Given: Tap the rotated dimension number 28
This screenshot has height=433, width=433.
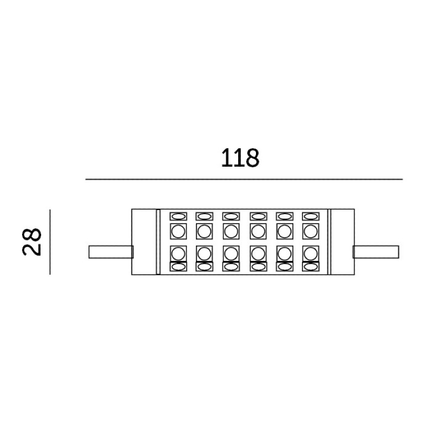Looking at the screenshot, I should click(x=32, y=242).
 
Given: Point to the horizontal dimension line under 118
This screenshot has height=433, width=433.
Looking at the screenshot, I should click(x=244, y=179).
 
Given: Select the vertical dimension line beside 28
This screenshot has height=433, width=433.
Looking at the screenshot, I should click(x=50, y=241).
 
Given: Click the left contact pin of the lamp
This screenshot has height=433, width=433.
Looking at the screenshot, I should click(x=110, y=252).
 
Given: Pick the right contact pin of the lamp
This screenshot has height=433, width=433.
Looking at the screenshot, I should click(x=376, y=252).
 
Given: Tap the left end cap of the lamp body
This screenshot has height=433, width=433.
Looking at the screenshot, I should click(x=144, y=242).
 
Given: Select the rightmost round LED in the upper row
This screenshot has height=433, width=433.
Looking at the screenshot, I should click(x=310, y=231).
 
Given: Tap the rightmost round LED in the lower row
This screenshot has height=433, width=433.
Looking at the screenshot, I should click(x=310, y=253).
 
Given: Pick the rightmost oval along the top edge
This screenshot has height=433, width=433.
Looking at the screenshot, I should click(x=310, y=216).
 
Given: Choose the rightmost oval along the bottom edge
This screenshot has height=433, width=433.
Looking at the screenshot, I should click(x=310, y=266).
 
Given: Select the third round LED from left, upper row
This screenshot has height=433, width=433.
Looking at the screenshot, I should click(x=231, y=231).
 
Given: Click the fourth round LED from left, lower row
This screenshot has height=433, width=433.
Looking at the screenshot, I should click(x=257, y=253).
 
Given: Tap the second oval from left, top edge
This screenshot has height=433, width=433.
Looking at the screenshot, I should click(x=204, y=216).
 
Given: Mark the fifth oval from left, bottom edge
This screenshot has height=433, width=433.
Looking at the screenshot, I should click(x=284, y=266).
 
